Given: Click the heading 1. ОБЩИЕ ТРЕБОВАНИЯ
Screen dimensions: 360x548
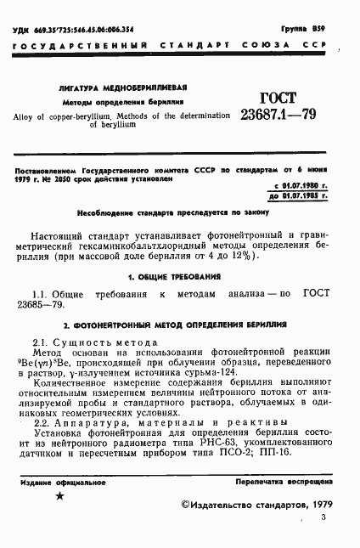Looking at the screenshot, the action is pyautogui.click(x=174, y=277).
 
